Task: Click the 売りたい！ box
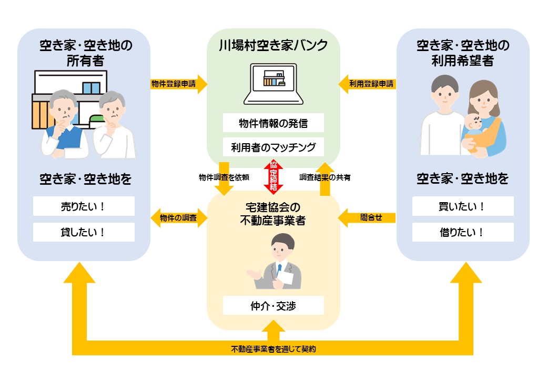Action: [84, 206]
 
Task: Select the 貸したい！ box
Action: [84, 232]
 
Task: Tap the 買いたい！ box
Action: [463, 206]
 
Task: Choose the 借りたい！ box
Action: [463, 232]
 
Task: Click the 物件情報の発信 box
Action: [273, 123]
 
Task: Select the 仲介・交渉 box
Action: [273, 306]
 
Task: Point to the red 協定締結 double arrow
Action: [273, 177]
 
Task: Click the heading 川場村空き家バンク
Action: [273, 45]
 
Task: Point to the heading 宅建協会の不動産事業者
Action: [273, 213]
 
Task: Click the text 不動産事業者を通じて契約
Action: [273, 348]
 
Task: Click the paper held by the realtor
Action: [286, 276]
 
